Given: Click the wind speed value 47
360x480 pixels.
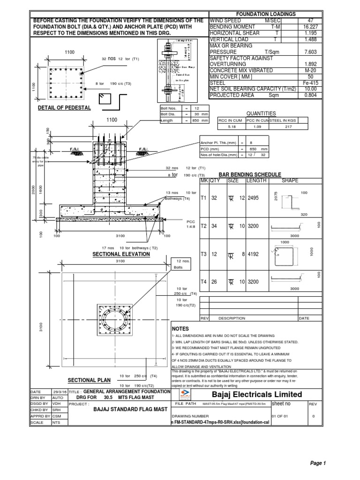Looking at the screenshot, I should click(309, 21).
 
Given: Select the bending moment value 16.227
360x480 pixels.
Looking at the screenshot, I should click(309, 28).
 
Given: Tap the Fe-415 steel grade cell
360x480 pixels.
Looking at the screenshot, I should click(309, 82).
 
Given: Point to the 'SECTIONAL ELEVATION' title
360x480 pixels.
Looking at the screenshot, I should click(121, 254).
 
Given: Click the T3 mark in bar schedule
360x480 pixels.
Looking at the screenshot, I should click(204, 254).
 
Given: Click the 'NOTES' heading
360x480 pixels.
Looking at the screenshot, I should click(180, 329).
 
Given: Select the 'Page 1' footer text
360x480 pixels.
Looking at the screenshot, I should click(317, 463).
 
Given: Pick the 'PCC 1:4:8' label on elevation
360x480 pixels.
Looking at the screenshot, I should click(190, 223).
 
